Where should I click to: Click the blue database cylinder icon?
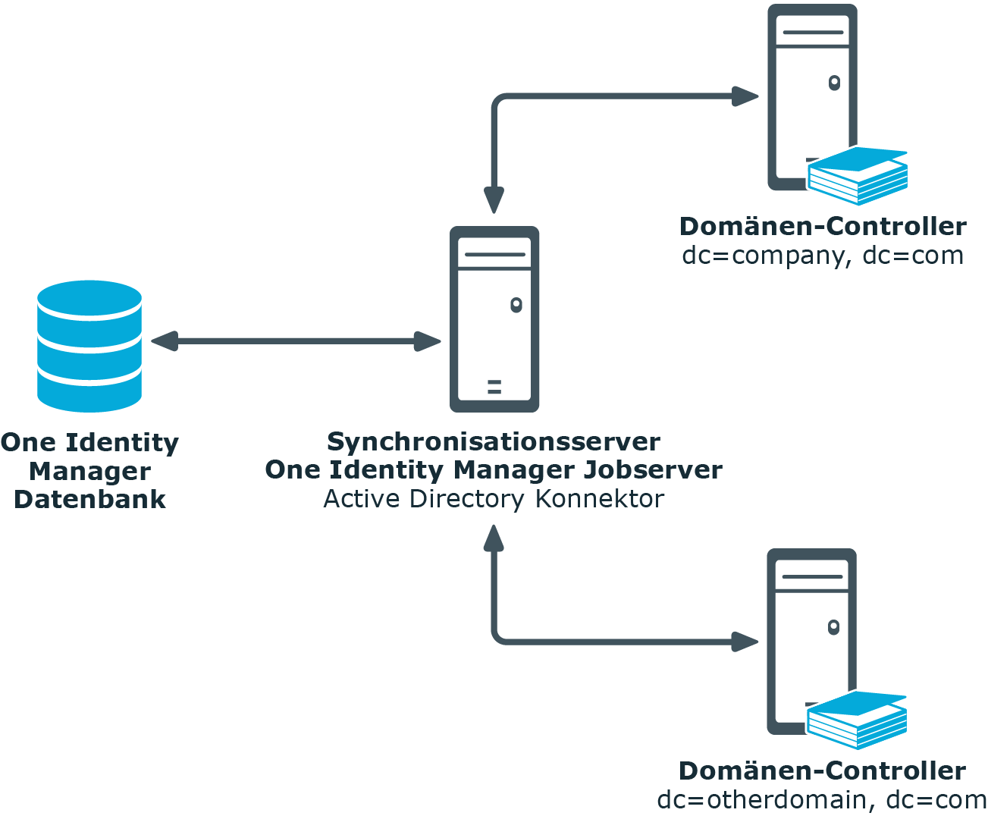tap(89, 346)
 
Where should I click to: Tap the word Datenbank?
tap(90, 499)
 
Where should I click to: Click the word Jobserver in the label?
tap(653, 470)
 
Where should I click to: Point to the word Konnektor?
tap(600, 499)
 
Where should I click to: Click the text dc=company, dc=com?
tap(823, 256)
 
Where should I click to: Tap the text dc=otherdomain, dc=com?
tap(822, 800)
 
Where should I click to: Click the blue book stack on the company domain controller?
tap(858, 176)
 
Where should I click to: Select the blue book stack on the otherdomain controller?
tap(857, 720)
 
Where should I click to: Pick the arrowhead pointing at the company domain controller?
tap(745, 96)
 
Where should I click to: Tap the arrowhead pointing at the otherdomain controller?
tap(745, 642)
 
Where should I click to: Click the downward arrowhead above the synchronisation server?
tap(494, 200)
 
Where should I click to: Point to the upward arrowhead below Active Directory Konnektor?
tap(494, 538)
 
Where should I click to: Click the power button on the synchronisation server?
tap(516, 305)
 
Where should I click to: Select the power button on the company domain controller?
tap(834, 83)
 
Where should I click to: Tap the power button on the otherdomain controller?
tap(833, 627)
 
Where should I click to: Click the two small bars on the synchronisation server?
tap(494, 387)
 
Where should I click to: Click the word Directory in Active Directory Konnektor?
tap(467, 499)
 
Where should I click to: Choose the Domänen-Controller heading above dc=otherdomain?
tap(823, 771)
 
